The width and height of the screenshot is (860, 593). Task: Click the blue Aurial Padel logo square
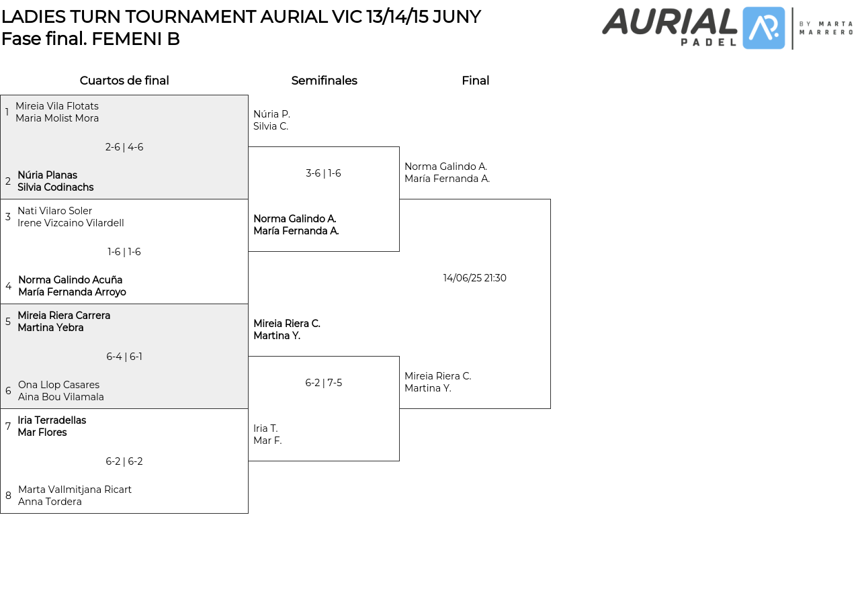[763, 28]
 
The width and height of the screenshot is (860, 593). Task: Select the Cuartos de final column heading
[124, 81]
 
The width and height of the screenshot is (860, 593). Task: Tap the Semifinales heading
[324, 81]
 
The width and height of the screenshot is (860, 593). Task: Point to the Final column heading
[475, 81]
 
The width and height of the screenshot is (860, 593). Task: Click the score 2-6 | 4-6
[124, 147]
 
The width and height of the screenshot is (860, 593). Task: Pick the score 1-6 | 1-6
[124, 252]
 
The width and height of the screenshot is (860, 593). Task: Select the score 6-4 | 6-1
[124, 357]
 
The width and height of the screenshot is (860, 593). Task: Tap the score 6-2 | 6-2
[124, 461]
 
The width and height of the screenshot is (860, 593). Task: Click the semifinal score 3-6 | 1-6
[323, 173]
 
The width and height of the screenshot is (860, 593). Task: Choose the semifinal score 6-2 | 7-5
[323, 383]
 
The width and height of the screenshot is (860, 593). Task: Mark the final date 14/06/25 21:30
[474, 278]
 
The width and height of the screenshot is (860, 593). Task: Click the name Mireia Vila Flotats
[57, 106]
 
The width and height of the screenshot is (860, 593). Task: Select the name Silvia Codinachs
[56, 187]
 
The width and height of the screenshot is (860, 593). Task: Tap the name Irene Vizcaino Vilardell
[71, 223]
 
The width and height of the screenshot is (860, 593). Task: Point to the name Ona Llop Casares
[58, 385]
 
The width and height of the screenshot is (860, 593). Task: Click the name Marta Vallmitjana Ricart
[75, 490]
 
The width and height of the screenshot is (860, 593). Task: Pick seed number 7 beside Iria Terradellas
[8, 426]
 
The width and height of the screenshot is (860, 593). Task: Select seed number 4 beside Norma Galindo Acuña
[9, 286]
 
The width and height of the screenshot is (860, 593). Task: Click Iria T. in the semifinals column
[265, 428]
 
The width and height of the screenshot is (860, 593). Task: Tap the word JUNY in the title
[456, 17]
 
